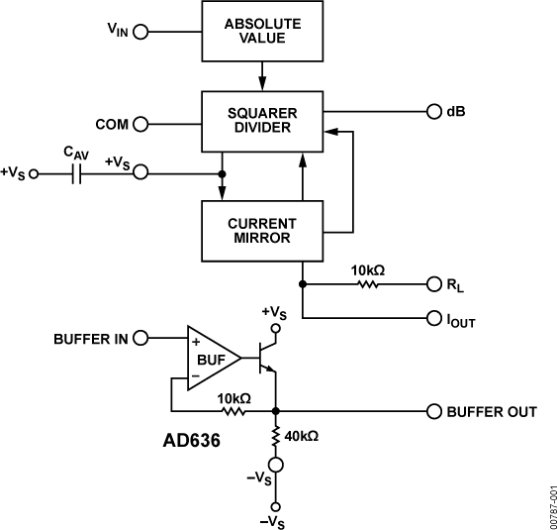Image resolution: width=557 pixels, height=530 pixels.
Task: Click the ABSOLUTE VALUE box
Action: click(x=261, y=31)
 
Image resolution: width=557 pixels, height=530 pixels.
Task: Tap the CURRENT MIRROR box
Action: click(x=261, y=231)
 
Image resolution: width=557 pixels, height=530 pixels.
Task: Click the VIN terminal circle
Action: click(x=140, y=32)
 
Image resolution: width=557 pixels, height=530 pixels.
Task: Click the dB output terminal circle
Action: click(x=433, y=111)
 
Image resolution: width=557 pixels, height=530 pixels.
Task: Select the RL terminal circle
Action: click(x=433, y=284)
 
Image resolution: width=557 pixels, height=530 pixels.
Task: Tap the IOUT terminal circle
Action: click(x=433, y=318)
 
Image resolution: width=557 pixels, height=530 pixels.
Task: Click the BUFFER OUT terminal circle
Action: click(x=433, y=410)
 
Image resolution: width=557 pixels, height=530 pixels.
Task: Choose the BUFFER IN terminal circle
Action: click(x=140, y=339)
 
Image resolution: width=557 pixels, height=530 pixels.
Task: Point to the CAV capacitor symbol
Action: click(x=76, y=173)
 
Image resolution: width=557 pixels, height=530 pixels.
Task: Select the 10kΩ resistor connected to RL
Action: click(x=368, y=284)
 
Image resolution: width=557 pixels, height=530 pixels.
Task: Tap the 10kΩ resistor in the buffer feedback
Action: click(x=233, y=410)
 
